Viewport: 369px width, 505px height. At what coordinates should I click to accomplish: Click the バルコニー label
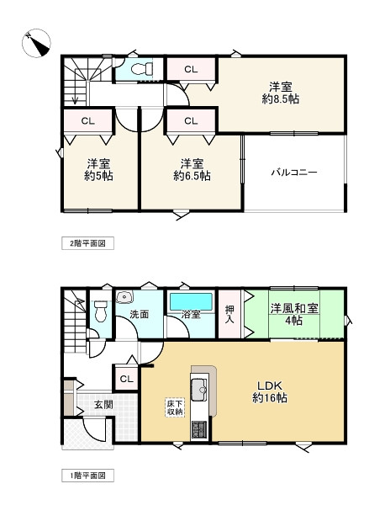point(293,172)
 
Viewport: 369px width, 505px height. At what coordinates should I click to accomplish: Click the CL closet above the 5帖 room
point(87,120)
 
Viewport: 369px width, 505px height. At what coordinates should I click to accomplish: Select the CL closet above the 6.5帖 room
point(191,120)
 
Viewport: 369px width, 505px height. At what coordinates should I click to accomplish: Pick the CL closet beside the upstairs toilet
point(191,69)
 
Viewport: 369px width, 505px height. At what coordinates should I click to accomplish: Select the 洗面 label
point(139,315)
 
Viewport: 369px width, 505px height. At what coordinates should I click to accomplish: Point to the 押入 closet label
point(230,315)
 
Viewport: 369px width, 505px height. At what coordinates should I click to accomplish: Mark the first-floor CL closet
point(127,380)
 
